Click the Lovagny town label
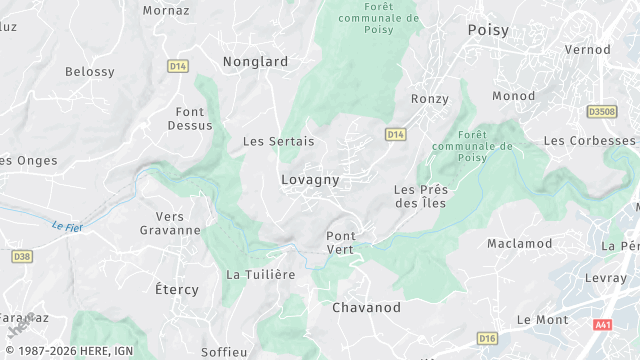309,180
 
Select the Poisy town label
488,31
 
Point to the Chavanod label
366,308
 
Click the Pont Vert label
340,242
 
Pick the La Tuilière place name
261,275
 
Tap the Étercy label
177,290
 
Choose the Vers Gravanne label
178,223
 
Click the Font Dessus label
194,119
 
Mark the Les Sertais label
279,142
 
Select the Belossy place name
90,72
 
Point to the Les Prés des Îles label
420,196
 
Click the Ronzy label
430,99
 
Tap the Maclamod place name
519,244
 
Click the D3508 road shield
602,112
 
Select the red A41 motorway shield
602,325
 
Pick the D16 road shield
486,339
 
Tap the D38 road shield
22,257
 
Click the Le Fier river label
67,227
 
